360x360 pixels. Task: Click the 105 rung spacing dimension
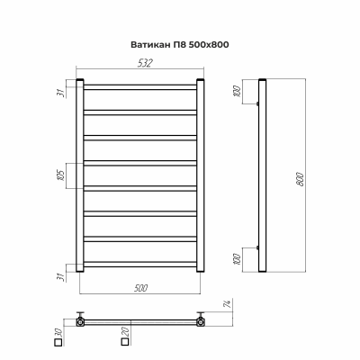(x=62, y=174)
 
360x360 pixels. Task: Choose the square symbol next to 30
(x=59, y=343)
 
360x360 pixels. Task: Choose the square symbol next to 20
(x=123, y=343)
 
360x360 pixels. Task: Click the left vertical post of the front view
(x=79, y=175)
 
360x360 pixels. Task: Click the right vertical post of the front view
(x=201, y=175)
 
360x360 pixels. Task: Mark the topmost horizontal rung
(x=139, y=87)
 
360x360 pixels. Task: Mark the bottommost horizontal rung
(x=139, y=264)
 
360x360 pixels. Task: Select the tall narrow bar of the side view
(x=262, y=175)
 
